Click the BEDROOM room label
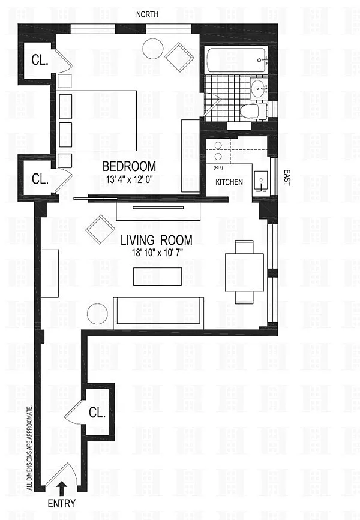pyautogui.click(x=129, y=166)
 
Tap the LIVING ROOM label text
pyautogui.click(x=156, y=240)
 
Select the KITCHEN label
pyautogui.click(x=229, y=182)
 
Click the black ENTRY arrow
pyautogui.click(x=62, y=488)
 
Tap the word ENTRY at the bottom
pyautogui.click(x=62, y=503)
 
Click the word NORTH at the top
pyautogui.click(x=148, y=14)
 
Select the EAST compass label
pyautogui.click(x=287, y=178)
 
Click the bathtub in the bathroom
pyautogui.click(x=236, y=60)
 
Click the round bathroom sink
pyautogui.click(x=259, y=88)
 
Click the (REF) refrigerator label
pyautogui.click(x=219, y=168)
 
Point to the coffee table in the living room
pyautogui.click(x=157, y=276)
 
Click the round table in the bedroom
pyautogui.click(x=152, y=49)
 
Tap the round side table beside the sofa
pyautogui.click(x=98, y=314)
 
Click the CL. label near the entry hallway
pyautogui.click(x=97, y=413)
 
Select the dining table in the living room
pyautogui.click(x=245, y=272)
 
